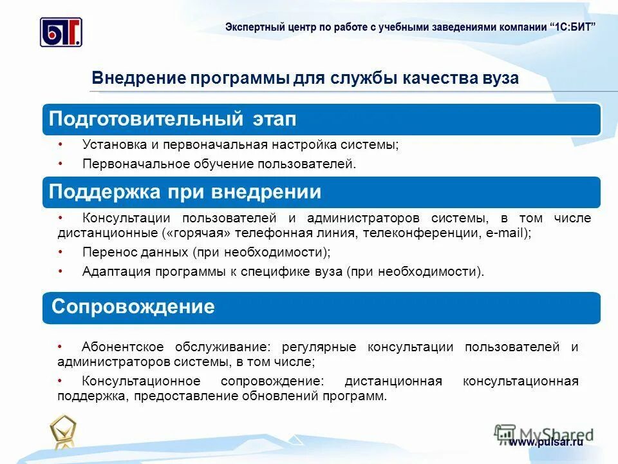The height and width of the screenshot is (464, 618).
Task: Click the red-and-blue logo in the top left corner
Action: click(61, 32)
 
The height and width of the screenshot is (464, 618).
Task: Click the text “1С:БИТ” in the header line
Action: click(573, 26)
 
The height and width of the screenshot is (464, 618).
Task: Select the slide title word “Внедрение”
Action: click(138, 79)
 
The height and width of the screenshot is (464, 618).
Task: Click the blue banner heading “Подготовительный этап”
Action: click(173, 119)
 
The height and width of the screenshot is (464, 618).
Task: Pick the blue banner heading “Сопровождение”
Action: click(133, 306)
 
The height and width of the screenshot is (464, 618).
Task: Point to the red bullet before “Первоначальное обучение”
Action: click(60, 164)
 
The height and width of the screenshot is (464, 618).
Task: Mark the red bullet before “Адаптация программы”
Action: click(60, 271)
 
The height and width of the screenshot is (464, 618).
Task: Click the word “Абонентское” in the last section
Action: click(122, 347)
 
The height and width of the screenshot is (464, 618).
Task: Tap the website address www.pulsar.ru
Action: click(546, 442)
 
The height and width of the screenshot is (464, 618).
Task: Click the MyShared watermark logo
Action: click(544, 433)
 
